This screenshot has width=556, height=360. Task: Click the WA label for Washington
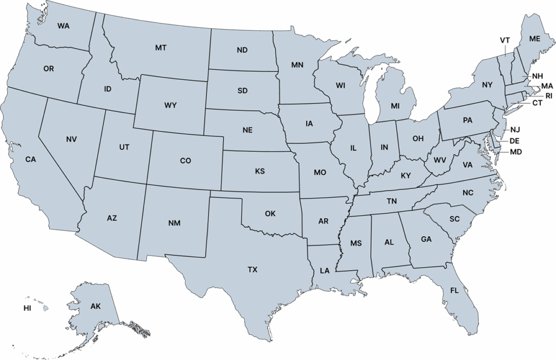pyautogui.click(x=63, y=26)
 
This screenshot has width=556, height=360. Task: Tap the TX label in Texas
pyautogui.click(x=252, y=269)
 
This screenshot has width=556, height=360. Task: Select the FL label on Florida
pyautogui.click(x=454, y=290)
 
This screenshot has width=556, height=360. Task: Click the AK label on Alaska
pyautogui.click(x=96, y=307)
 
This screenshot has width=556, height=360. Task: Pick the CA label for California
pyautogui.click(x=30, y=159)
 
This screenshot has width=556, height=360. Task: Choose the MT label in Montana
pyautogui.click(x=160, y=48)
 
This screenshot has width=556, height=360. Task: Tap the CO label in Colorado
pyautogui.click(x=185, y=161)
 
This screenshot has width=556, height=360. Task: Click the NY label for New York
pyautogui.click(x=486, y=85)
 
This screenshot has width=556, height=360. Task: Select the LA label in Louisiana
pyautogui.click(x=325, y=270)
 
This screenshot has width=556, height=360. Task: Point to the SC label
pyautogui.click(x=454, y=219)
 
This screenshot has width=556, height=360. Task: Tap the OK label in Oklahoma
pyautogui.click(x=270, y=213)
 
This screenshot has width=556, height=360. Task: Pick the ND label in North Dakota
pyautogui.click(x=242, y=50)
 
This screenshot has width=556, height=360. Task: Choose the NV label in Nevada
pyautogui.click(x=71, y=140)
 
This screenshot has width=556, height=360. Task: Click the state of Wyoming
pyautogui.click(x=170, y=105)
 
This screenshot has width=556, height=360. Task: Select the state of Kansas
pyautogui.click(x=260, y=172)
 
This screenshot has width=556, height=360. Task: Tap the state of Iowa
pyautogui.click(x=309, y=124)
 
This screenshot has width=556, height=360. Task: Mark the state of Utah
pyautogui.click(x=124, y=147)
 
